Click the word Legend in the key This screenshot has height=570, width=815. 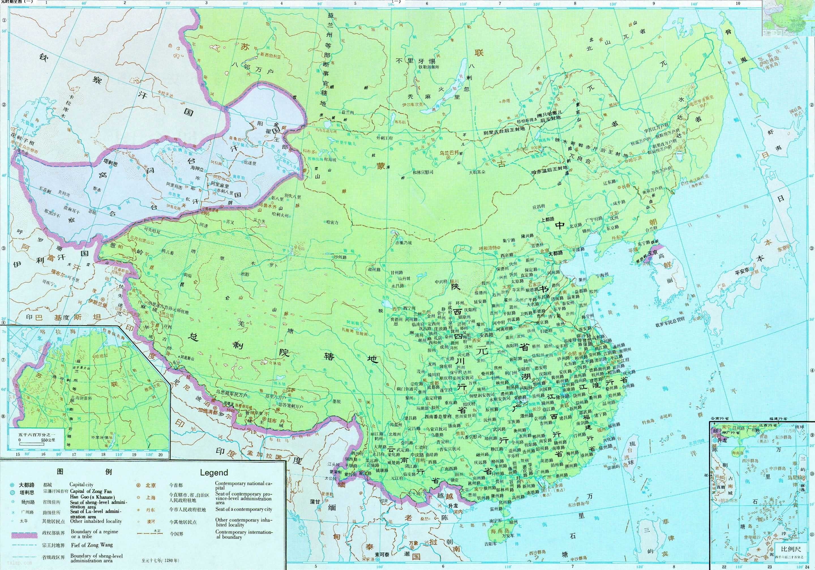[x=214, y=472]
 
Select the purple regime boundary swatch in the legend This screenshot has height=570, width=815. [x=24, y=535]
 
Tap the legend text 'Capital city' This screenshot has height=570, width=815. [x=81, y=484]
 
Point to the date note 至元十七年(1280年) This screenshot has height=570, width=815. [x=160, y=560]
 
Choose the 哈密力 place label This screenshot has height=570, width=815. [x=332, y=222]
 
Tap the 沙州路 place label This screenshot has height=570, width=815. [x=340, y=257]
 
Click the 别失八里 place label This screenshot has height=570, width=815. [x=293, y=197]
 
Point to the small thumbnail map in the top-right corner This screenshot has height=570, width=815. [x=788, y=18]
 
